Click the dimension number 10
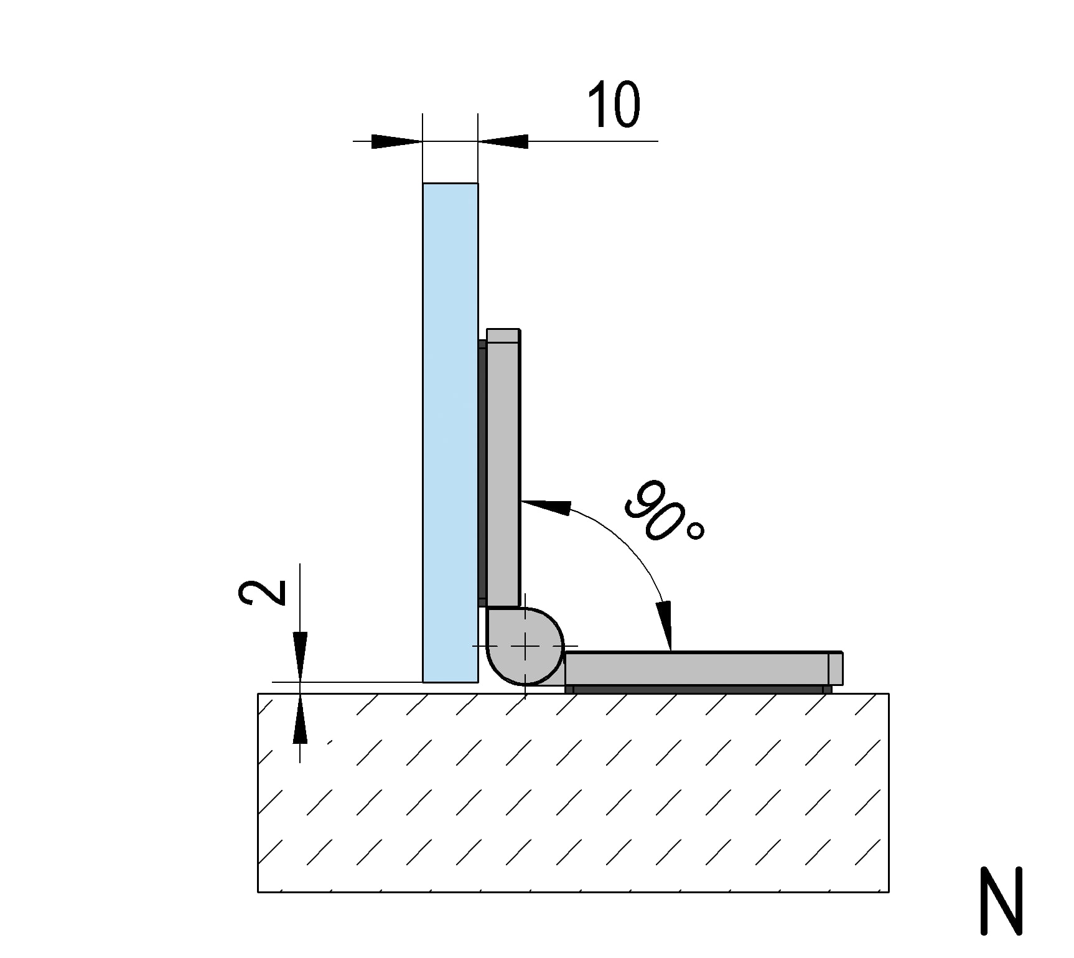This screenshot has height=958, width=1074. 614,105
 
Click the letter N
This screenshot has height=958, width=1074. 1001,900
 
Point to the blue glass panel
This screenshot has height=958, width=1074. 451,433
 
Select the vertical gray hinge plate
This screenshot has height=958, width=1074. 503,467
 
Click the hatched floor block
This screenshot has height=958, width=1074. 573,792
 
